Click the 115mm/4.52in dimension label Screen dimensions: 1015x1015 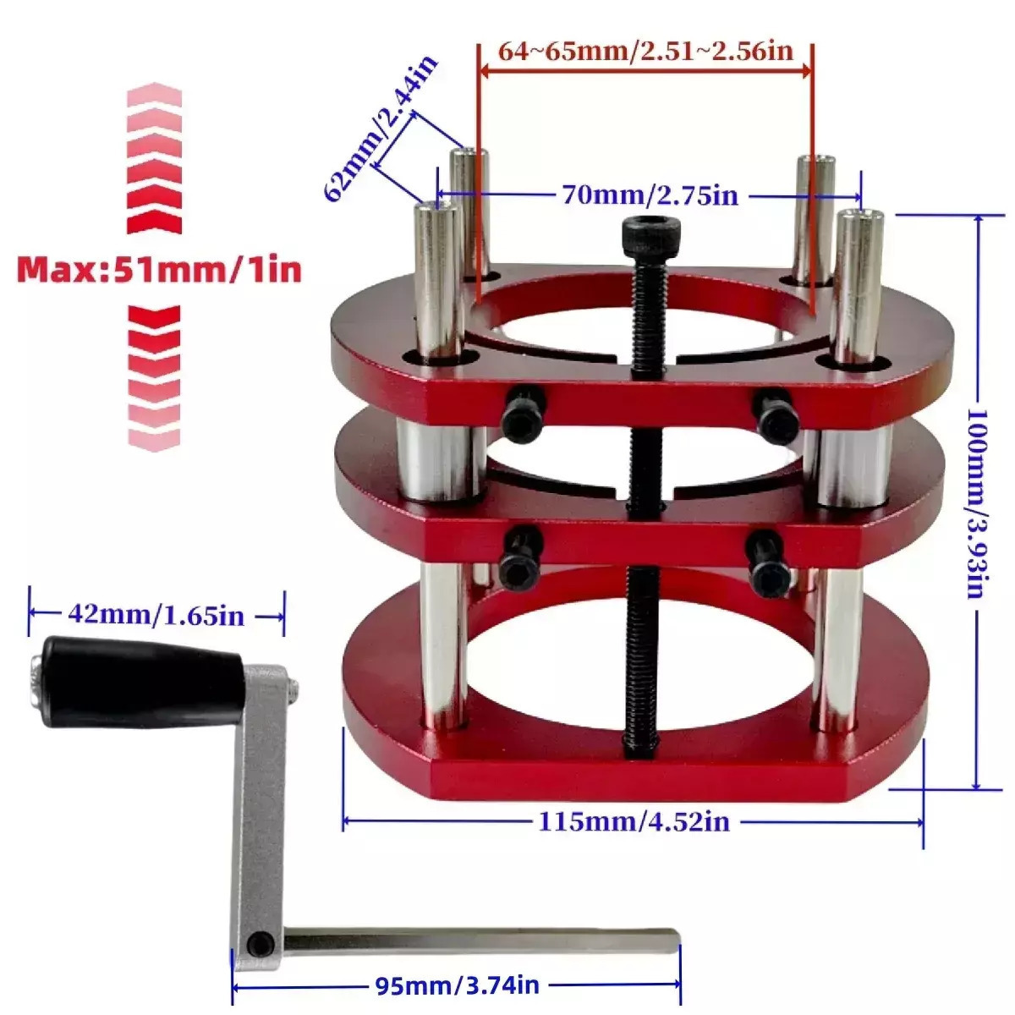click(634, 821)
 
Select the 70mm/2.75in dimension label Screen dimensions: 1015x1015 click(650, 196)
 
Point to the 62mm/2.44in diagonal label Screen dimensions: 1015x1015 click(381, 129)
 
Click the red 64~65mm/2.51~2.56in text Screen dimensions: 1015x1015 click(645, 51)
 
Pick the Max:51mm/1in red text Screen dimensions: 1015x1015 click(159, 270)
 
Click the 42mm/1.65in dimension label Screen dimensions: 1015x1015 click(156, 615)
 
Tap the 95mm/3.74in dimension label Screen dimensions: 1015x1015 click(457, 985)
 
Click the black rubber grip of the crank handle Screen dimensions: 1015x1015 click(140, 682)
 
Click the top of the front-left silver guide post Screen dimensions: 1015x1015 click(436, 213)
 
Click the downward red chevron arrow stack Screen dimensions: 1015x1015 click(154, 376)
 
